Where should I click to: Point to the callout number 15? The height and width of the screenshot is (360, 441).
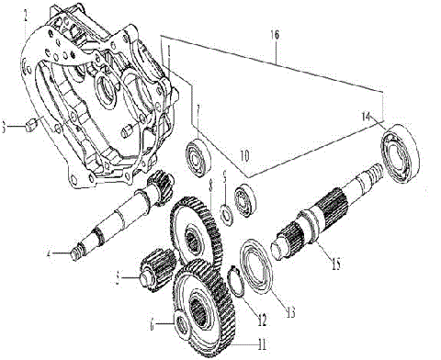pyautogui.click(x=334, y=264)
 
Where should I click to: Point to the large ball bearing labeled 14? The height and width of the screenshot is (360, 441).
pyautogui.click(x=401, y=147)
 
